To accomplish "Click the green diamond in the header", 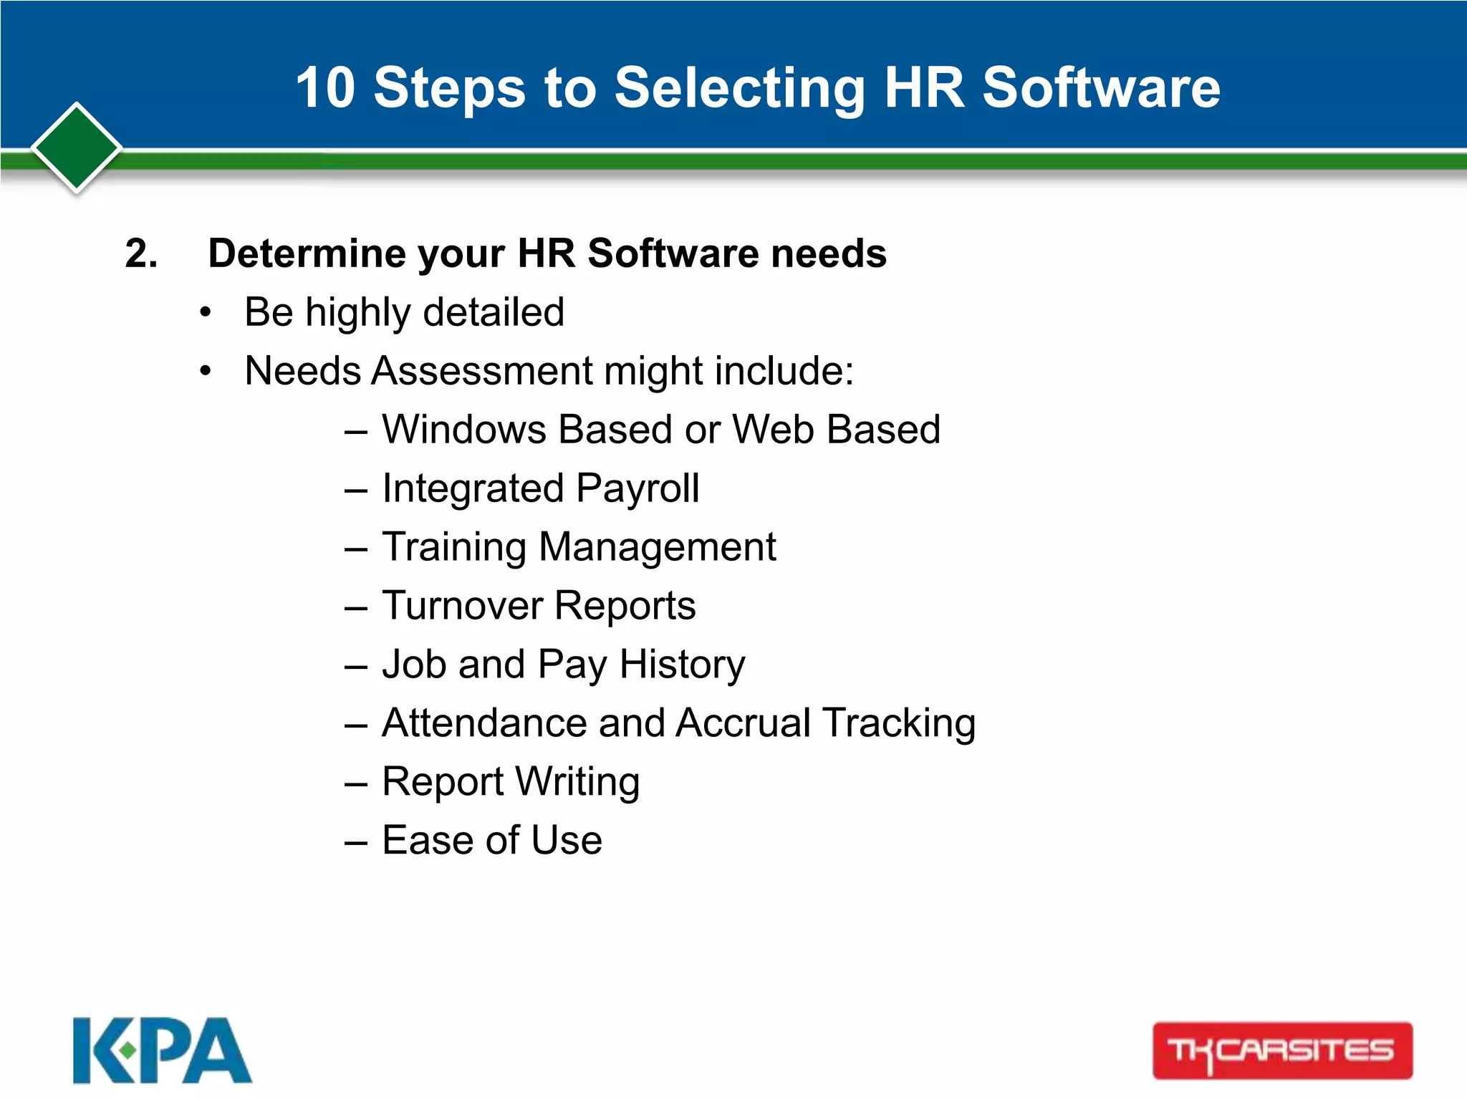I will pos(77,148).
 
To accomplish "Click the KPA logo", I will pos(162,1050).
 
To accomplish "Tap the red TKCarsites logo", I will pos(1281,1051).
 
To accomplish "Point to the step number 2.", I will pos(141,254).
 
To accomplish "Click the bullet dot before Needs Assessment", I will pos(206,371).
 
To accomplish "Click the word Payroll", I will pos(638,488).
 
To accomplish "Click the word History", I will pos(682,665).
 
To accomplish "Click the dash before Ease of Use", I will pos(356,841).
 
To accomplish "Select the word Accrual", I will pos(743,723).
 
